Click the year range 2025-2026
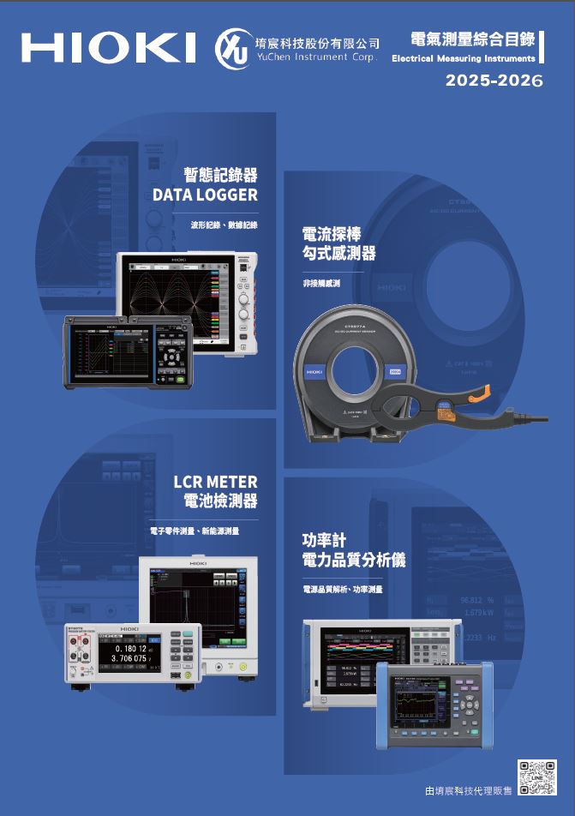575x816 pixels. pos(494,83)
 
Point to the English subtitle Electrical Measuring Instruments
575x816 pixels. pos(463,59)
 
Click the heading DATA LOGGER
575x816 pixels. pos(205,195)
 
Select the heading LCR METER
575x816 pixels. pos(215,482)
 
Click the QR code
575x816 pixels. pos(538,780)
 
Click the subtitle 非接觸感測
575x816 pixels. pos(321,282)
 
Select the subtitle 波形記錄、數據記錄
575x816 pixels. pos(224,224)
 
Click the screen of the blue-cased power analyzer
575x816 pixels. pos(422,707)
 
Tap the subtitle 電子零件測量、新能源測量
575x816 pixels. pos(195,531)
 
